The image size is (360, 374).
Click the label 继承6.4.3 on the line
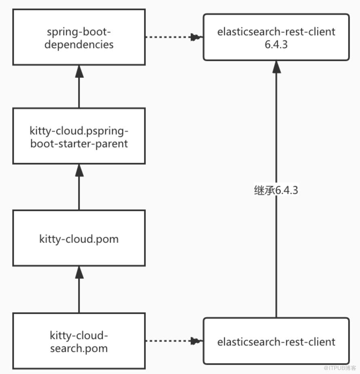pyautogui.click(x=276, y=190)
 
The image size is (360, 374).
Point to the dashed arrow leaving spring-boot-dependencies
pyautogui.click(x=174, y=37)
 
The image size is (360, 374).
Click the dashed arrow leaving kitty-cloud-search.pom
pyautogui.click(x=174, y=341)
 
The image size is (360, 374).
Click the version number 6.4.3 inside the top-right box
pyautogui.click(x=276, y=45)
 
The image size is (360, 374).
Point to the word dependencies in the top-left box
pyautogui.click(x=79, y=45)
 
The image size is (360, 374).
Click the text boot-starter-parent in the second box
pyautogui.click(x=79, y=144)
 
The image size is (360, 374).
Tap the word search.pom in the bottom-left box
pyautogui.click(x=79, y=348)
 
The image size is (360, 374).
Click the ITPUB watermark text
pyautogui.click(x=340, y=368)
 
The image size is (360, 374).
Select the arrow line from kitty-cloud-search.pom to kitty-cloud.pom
pyautogui.click(x=79, y=289)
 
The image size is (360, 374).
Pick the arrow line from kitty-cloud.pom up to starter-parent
pyautogui.click(x=79, y=187)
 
